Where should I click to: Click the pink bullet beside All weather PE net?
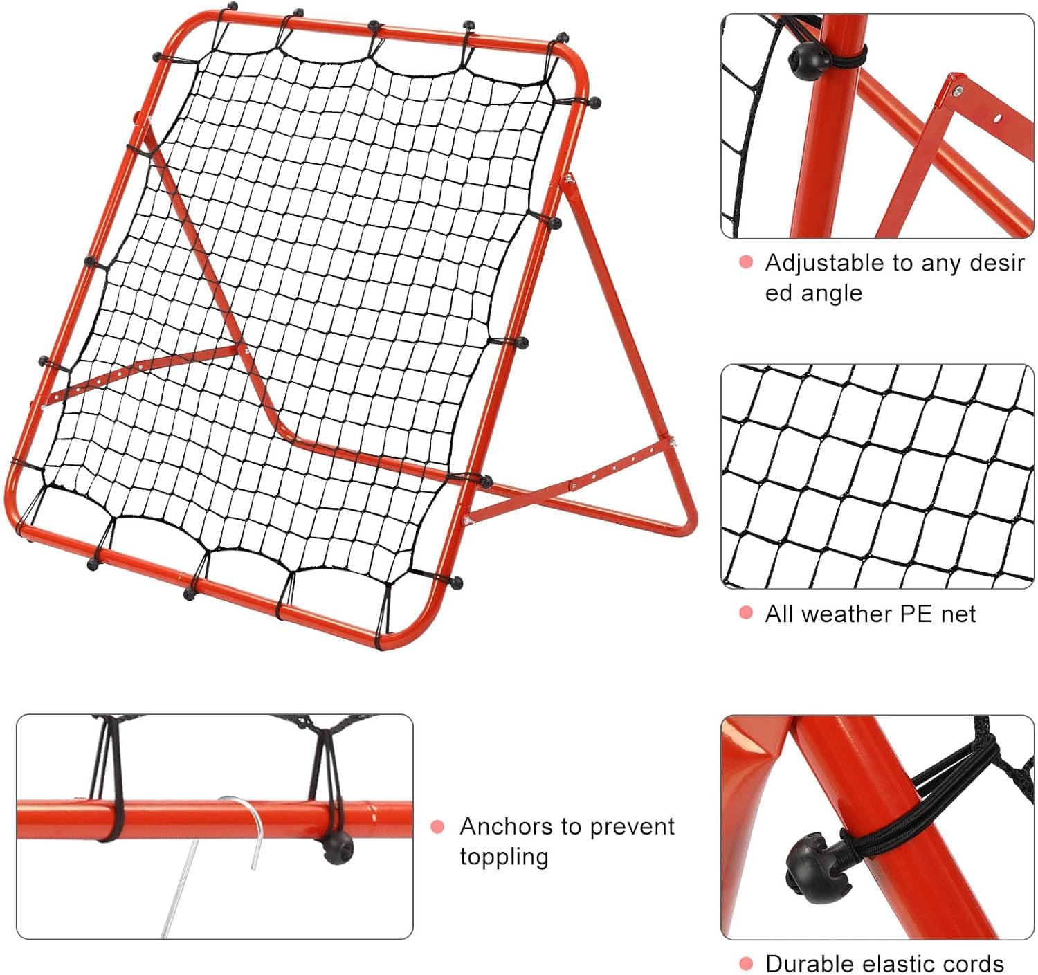click(x=747, y=612)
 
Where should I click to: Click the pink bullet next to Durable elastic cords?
click(x=747, y=963)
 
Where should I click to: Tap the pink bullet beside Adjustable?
click(x=747, y=262)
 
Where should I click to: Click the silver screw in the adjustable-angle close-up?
click(x=958, y=91)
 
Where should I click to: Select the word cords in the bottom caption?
click(x=972, y=963)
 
